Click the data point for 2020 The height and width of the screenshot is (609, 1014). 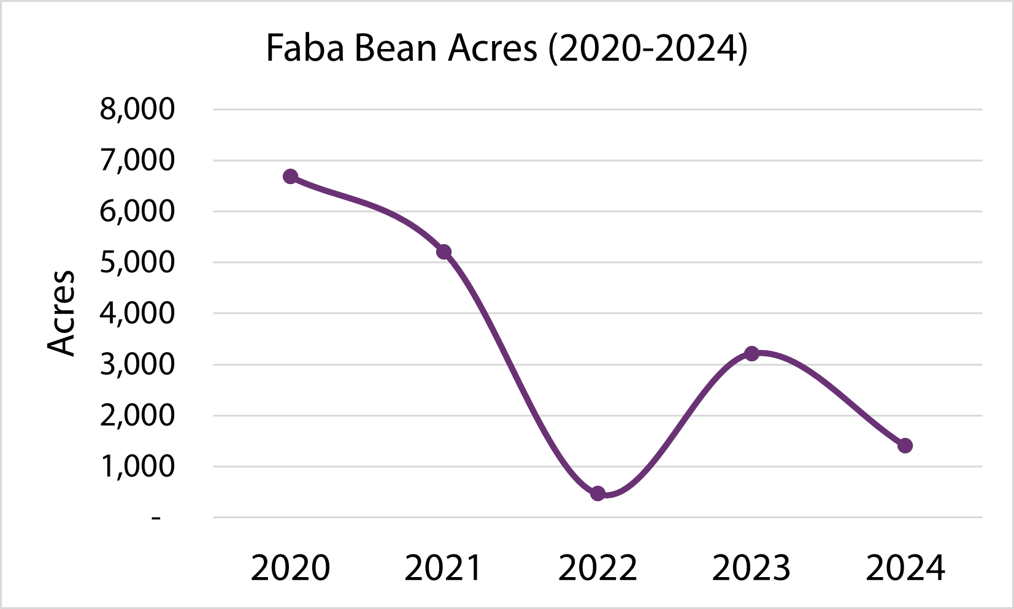coord(291,177)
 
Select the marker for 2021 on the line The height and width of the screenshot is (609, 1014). coord(444,251)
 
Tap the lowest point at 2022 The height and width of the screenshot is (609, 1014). coord(598,494)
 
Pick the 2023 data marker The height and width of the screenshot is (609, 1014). coord(751,354)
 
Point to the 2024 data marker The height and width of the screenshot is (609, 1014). coord(905,445)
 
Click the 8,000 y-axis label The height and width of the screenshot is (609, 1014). coord(137,109)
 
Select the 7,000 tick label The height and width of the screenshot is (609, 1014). coord(137,161)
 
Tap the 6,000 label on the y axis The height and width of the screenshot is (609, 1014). coord(137,212)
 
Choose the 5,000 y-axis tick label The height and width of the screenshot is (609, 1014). coord(137,262)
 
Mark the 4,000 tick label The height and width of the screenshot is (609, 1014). coord(137,313)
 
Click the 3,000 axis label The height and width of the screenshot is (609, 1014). coord(137,365)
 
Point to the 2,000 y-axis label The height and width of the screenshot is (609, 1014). coord(137,416)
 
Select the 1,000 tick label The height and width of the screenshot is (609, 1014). coord(137,467)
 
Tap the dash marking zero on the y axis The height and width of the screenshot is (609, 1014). coord(156,519)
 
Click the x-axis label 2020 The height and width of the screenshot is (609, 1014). coord(291,567)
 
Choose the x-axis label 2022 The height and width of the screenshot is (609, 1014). coord(598,567)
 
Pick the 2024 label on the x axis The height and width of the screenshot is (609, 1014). coord(905,567)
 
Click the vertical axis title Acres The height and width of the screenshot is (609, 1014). coord(61,313)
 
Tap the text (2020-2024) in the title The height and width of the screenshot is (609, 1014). coord(648,48)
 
